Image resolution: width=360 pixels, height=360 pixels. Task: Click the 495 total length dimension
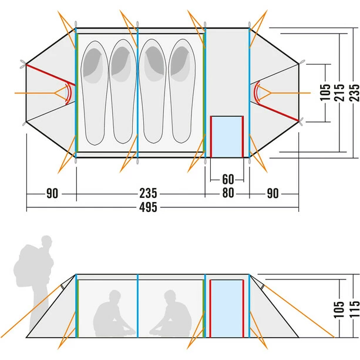[149, 208]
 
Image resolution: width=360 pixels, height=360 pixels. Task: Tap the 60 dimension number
[226, 179]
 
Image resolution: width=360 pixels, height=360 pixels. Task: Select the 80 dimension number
[226, 194]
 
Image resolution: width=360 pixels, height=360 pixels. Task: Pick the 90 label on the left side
[53, 194]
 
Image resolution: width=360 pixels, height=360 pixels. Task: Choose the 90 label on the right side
[272, 194]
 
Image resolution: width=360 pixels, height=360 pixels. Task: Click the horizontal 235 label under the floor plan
[148, 194]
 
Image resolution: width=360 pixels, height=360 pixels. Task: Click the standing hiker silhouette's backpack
[27, 264]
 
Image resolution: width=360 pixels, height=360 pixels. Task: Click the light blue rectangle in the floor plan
[227, 136]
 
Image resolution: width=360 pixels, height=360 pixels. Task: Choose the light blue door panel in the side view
[227, 309]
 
